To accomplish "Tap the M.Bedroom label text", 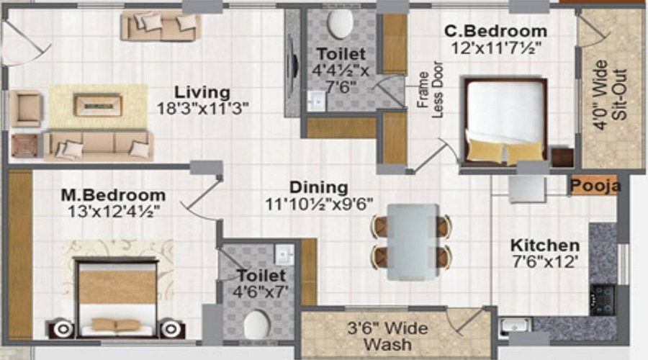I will pos(112,195).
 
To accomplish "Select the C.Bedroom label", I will pos(495,32).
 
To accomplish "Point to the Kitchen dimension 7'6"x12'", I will pos(545,261).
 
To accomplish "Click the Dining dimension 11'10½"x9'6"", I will pos(318,204).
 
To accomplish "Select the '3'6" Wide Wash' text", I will pos(387,336).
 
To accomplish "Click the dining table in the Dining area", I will pos(412,241).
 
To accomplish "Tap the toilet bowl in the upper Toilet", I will pos(339,24).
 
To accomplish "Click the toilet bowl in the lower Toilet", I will pos(256,325).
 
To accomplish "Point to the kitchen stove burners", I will pos(602,299).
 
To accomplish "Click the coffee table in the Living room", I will pos(99,106).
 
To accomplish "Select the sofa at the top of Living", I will pos(160,26).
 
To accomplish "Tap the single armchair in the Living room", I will pos(27,108).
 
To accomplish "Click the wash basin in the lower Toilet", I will pos(284,254).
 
